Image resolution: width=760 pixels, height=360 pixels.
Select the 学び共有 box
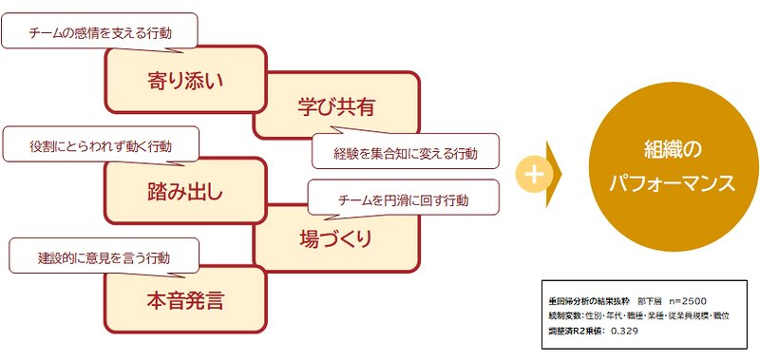coord(334,106)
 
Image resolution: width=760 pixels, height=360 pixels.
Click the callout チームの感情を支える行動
coord(100,31)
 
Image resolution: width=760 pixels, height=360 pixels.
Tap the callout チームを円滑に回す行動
coord(403,200)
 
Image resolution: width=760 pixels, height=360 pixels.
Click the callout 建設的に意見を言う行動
coord(104,257)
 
